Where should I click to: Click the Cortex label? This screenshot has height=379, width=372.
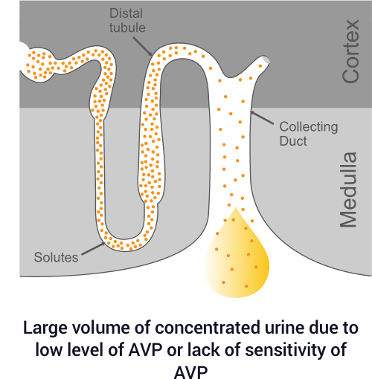click(x=350, y=51)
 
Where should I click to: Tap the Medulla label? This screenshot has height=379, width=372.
click(x=348, y=189)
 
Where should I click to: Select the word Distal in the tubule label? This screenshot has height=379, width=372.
click(x=126, y=13)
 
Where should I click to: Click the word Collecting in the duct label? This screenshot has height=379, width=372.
click(x=309, y=127)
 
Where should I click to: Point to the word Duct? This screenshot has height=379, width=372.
click(x=293, y=141)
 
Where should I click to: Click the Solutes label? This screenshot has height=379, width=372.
click(x=56, y=257)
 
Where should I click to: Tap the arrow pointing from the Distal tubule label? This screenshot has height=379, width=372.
click(x=142, y=47)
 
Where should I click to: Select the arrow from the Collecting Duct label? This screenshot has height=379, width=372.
click(x=262, y=117)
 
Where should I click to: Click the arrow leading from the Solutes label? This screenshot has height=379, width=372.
click(x=94, y=248)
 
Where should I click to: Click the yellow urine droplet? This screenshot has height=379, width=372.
click(x=237, y=260)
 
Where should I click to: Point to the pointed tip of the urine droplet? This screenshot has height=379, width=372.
click(x=236, y=207)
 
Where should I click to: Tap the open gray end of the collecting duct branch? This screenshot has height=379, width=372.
click(x=266, y=60)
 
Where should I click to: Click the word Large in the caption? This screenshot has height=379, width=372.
click(x=45, y=328)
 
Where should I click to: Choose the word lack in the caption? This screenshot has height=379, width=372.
click(x=203, y=350)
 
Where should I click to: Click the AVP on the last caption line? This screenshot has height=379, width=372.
click(x=190, y=372)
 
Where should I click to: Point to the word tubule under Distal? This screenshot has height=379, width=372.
click(x=127, y=27)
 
